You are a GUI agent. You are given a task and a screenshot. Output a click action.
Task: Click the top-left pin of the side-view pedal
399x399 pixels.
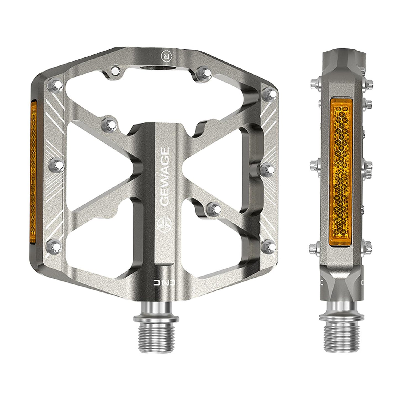click(315, 83)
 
